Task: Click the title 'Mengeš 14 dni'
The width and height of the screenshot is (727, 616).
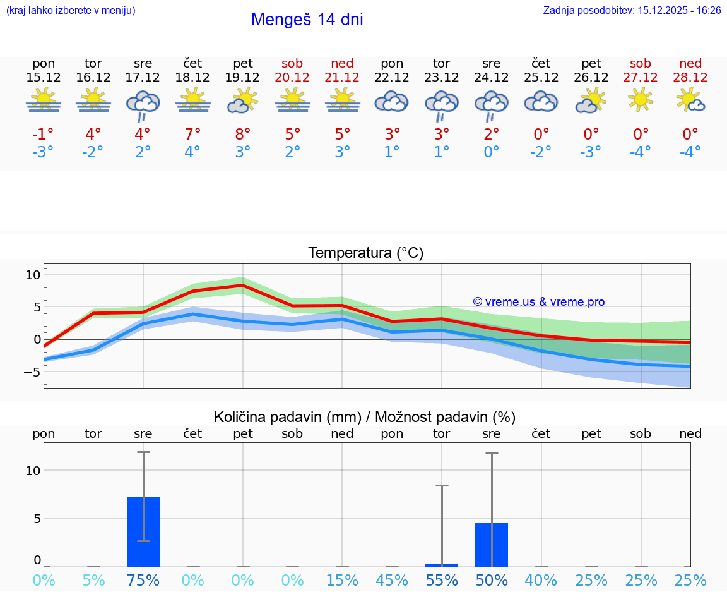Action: tap(307, 20)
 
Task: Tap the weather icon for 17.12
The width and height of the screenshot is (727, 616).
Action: tap(143, 104)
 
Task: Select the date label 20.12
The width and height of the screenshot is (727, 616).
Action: tap(292, 77)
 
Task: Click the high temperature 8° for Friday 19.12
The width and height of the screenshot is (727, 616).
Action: tap(243, 134)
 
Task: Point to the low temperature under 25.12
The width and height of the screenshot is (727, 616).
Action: tap(541, 152)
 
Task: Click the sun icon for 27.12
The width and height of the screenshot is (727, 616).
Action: tap(641, 99)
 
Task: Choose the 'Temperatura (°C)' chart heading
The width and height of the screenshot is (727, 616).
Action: tap(365, 253)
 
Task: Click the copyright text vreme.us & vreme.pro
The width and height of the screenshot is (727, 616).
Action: tap(538, 302)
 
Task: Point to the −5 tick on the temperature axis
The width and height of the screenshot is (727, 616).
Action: tap(32, 372)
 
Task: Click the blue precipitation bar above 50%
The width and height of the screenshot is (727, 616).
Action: tap(492, 545)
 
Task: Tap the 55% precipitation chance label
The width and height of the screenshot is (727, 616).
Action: tap(442, 580)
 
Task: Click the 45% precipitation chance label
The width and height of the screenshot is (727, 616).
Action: tap(392, 580)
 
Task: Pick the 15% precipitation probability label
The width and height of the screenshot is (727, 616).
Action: tap(342, 580)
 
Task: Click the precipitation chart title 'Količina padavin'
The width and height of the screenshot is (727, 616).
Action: tap(365, 417)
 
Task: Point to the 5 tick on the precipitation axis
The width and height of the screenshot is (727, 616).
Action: tap(37, 519)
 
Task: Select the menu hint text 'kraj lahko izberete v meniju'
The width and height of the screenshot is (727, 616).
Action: tap(70, 11)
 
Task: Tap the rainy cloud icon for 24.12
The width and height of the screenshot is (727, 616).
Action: tap(491, 104)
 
